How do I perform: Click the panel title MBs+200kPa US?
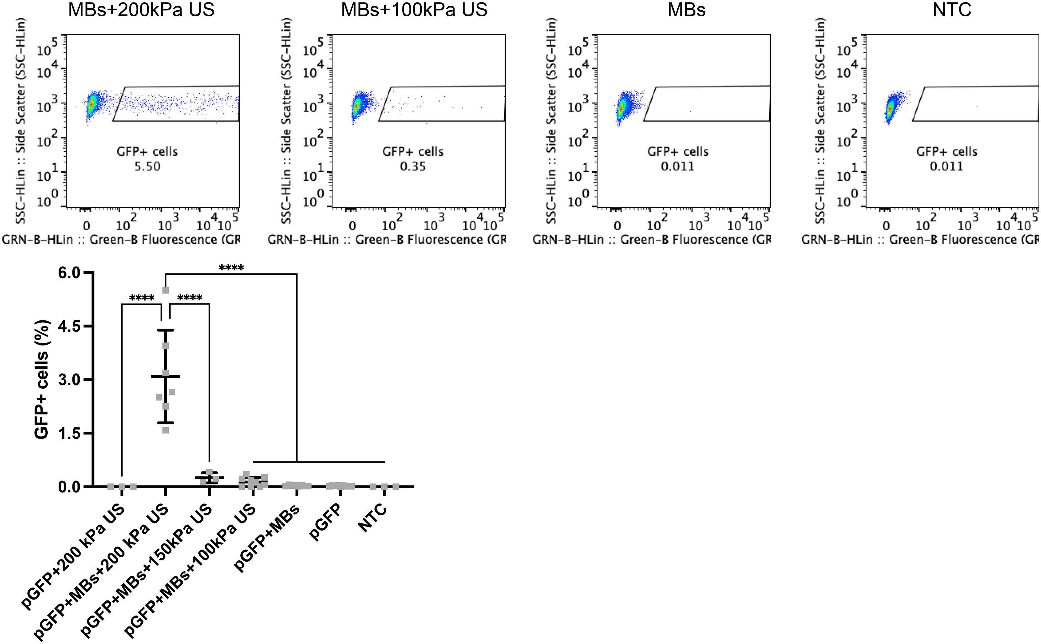(x=141, y=9)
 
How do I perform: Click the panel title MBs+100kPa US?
(x=414, y=9)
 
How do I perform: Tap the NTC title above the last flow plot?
(x=952, y=9)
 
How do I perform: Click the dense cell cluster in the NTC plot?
(x=889, y=109)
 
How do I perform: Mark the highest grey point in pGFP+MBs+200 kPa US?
(x=166, y=290)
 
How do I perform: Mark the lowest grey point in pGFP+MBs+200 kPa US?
(x=166, y=430)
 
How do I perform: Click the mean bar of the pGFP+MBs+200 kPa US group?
(x=166, y=376)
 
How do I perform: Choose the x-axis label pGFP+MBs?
(x=268, y=538)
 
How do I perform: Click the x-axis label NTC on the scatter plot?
(x=372, y=517)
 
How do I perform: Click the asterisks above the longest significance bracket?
(x=231, y=268)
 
